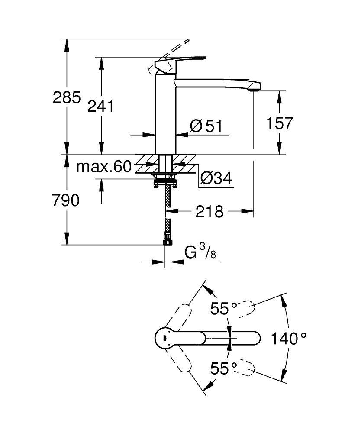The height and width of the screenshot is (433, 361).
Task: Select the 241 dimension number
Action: coord(100,106)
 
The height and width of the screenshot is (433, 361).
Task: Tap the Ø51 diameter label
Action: coord(206,126)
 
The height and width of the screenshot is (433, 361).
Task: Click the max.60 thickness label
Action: coord(103,167)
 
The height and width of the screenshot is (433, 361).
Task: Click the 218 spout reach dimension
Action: coord(210,212)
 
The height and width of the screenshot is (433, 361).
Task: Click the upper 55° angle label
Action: coord(224,309)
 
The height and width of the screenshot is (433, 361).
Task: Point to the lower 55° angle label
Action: coord(224,368)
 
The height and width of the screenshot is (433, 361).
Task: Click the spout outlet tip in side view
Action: coord(255,89)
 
